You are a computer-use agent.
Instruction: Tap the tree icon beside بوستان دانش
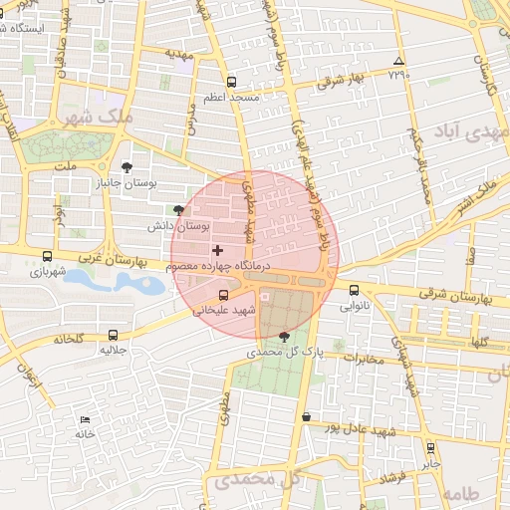pyautogui.click(x=178, y=209)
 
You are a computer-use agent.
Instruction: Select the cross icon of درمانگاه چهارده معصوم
pyautogui.click(x=218, y=249)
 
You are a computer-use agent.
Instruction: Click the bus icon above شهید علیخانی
pyautogui.click(x=223, y=295)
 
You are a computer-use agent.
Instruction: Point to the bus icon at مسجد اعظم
pyautogui.click(x=232, y=83)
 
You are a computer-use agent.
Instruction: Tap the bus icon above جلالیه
pyautogui.click(x=112, y=336)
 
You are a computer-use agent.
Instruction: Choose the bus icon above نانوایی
pyautogui.click(x=355, y=290)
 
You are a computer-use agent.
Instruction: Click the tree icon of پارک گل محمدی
pyautogui.click(x=287, y=337)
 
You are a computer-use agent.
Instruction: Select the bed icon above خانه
pyautogui.click(x=85, y=419)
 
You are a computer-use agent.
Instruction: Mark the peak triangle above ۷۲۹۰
pyautogui.click(x=399, y=61)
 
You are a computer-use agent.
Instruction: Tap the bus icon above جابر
pyautogui.click(x=430, y=448)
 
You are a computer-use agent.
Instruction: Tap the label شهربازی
pyautogui.click(x=47, y=270)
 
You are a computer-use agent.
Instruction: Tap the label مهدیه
pyautogui.click(x=178, y=56)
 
